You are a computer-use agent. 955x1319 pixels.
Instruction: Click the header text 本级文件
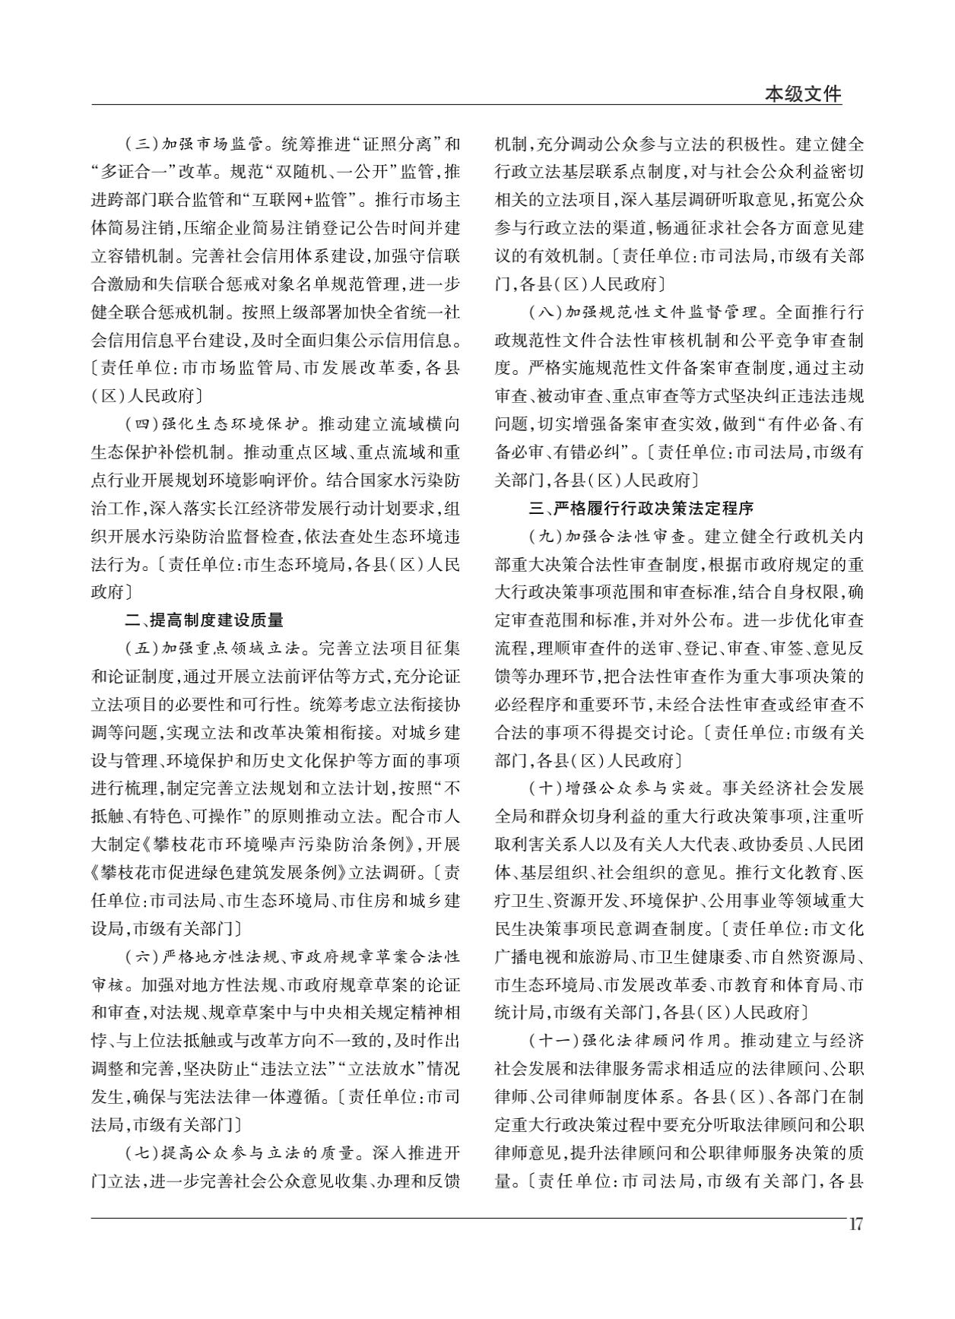click(x=803, y=94)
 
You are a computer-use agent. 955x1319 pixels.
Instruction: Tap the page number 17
click(x=855, y=1225)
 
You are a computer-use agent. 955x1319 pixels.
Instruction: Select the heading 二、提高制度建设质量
click(x=204, y=620)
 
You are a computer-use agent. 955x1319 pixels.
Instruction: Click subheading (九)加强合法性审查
click(x=608, y=536)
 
